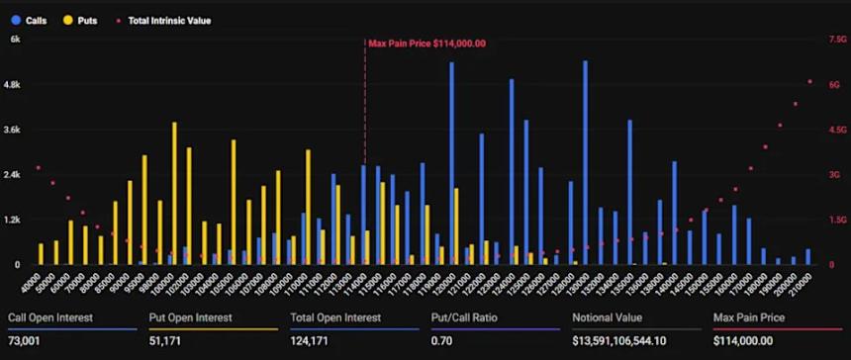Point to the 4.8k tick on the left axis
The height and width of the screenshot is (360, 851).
(15, 85)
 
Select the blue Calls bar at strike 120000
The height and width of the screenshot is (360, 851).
(451, 163)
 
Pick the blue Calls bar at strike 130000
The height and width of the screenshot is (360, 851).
(586, 162)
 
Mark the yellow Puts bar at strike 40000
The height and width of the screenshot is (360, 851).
(41, 253)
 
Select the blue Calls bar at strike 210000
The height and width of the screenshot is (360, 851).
(807, 256)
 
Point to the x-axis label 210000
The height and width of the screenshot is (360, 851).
(807, 282)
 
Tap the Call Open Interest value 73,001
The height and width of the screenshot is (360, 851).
(26, 339)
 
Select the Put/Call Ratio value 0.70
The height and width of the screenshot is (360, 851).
(441, 339)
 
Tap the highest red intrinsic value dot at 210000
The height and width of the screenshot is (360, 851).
(809, 81)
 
